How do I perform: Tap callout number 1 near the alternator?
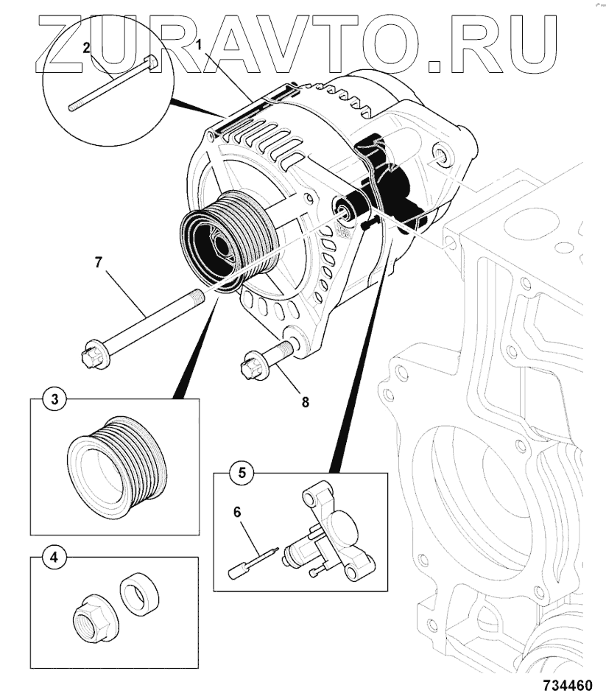coord(199,46)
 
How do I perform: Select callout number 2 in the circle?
coord(86,48)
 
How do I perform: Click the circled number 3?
coord(54,401)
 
